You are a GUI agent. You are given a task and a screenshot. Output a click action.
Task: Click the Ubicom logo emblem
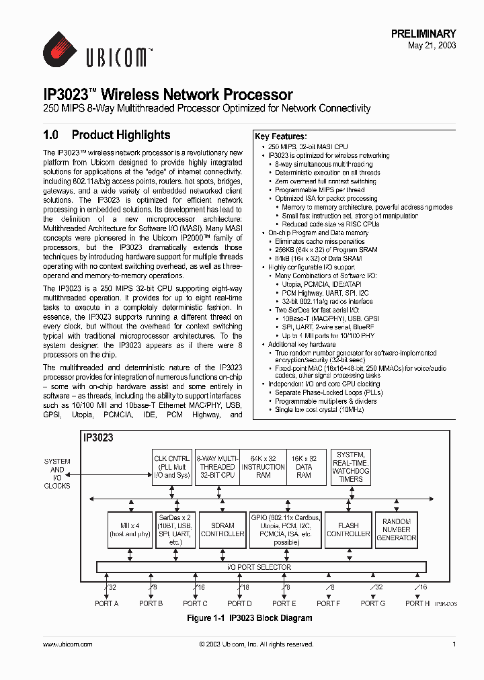61,51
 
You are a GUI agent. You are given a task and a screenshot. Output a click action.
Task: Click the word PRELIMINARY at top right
424,34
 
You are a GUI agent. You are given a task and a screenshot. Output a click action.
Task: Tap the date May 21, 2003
432,46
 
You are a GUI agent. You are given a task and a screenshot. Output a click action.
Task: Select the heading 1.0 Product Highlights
107,135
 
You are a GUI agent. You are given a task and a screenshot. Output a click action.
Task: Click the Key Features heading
280,136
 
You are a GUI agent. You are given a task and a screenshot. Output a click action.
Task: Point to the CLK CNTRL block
172,467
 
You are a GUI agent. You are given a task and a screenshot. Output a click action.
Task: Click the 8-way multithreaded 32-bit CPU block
216,467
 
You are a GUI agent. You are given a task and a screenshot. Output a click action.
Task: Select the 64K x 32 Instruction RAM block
263,467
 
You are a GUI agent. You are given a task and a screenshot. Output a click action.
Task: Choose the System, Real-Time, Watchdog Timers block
350,467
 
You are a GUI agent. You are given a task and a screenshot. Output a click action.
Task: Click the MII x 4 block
129,529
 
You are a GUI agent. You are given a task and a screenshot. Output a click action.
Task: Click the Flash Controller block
348,529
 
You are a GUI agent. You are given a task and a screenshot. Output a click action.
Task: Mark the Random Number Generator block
397,529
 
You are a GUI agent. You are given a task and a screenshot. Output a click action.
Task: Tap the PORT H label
417,603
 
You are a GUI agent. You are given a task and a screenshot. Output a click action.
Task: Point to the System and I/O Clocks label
57,474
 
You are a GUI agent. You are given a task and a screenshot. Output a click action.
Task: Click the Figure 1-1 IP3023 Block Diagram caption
249,618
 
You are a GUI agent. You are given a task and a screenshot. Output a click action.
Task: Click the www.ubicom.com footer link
67,644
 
